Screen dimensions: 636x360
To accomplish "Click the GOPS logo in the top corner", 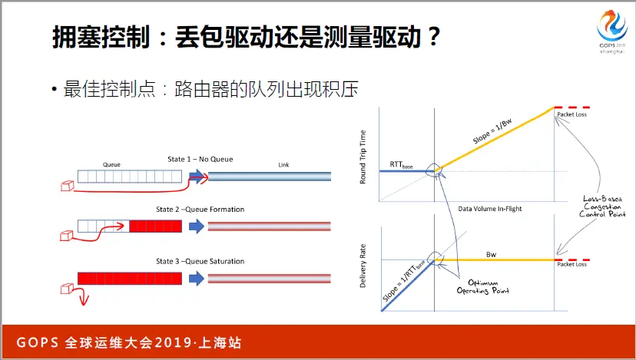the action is pyautogui.click(x=612, y=31).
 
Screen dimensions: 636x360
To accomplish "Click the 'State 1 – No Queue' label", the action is pyautogui.click(x=200, y=160).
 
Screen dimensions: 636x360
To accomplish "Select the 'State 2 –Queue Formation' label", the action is pyautogui.click(x=200, y=210).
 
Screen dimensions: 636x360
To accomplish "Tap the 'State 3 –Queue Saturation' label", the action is pyautogui.click(x=200, y=262).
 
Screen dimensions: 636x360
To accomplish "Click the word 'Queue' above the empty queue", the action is pyautogui.click(x=111, y=164).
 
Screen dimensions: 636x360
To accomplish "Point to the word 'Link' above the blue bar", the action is pyautogui.click(x=283, y=164).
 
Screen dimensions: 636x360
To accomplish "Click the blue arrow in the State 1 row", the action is pyautogui.click(x=197, y=177).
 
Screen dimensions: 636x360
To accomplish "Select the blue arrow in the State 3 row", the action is pyautogui.click(x=197, y=279).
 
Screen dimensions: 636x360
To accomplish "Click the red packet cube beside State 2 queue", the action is pyautogui.click(x=67, y=236).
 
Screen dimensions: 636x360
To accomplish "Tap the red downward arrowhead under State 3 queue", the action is pyautogui.click(x=84, y=300).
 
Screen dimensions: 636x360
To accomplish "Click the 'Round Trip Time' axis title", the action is pyautogui.click(x=363, y=157).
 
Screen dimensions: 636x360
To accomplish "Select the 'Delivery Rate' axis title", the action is pyautogui.click(x=363, y=266).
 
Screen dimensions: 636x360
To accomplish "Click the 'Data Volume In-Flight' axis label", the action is pyautogui.click(x=490, y=209).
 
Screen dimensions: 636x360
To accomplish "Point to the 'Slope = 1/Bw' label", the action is pyautogui.click(x=492, y=131).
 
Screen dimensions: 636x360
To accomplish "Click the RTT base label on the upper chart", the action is pyautogui.click(x=401, y=164).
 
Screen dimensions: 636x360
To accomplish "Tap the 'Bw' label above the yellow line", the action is pyautogui.click(x=491, y=255).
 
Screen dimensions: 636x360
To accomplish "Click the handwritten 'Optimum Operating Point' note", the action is pyautogui.click(x=482, y=286).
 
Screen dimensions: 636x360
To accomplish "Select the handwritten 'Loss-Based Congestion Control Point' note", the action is pyautogui.click(x=603, y=206).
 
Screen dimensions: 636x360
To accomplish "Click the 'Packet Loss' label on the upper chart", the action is pyautogui.click(x=572, y=114).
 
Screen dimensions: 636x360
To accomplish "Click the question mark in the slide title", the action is pyautogui.click(x=433, y=37).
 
